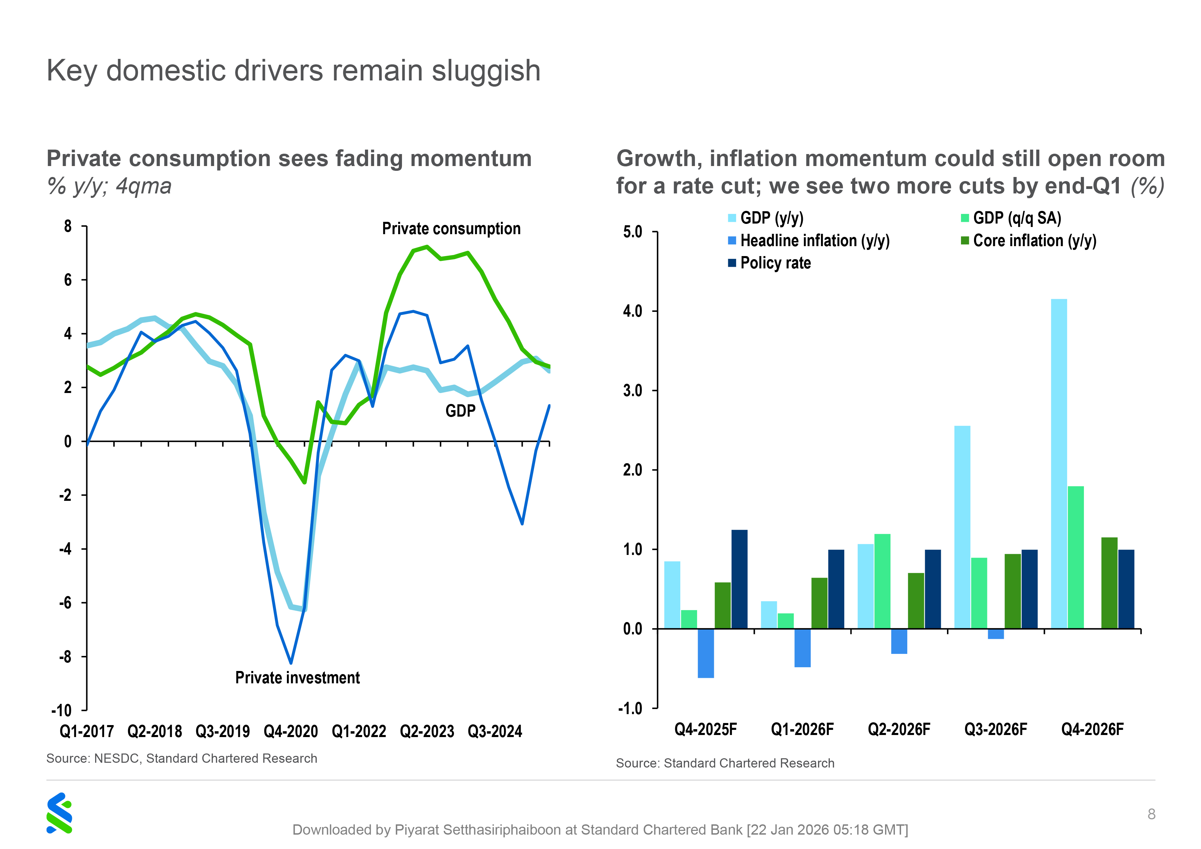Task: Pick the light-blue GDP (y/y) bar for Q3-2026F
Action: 962,527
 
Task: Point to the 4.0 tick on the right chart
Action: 632,311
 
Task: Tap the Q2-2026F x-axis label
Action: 899,729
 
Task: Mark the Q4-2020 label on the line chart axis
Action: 290,731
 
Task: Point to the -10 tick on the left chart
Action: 61,710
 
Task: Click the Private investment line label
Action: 297,677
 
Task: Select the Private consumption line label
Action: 451,229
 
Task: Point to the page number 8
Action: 1151,814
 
